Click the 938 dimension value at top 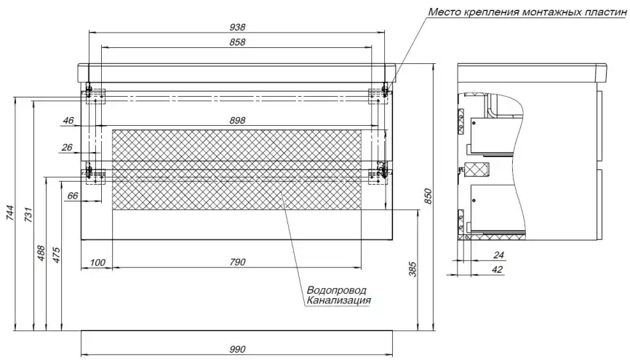click(x=236, y=26)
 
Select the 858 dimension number click(x=236, y=43)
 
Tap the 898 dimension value click(x=236, y=120)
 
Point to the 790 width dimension click(x=236, y=262)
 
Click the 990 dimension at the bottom click(x=236, y=350)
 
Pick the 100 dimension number click(x=97, y=262)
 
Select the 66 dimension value click(x=71, y=196)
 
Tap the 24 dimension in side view click(x=498, y=255)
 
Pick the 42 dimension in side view click(x=498, y=270)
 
